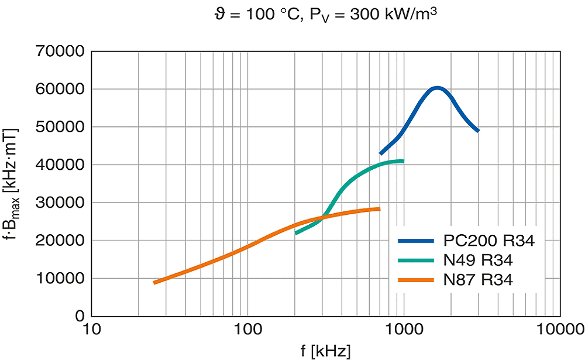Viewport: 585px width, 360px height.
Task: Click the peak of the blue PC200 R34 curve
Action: pos(436,88)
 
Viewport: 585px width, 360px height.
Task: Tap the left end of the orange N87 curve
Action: pos(154,283)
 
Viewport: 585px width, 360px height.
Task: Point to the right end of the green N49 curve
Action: pos(402,161)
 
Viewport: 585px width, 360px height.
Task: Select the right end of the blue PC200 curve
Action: pos(478,131)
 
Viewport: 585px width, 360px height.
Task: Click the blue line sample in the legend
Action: pos(416,241)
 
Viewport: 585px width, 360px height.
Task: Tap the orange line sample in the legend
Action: pos(416,280)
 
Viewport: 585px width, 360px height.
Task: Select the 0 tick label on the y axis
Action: pos(80,316)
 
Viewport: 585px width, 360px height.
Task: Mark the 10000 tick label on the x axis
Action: pos(558,331)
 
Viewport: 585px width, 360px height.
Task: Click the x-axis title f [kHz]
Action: pos(326,351)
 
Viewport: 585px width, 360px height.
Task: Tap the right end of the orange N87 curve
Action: pos(379,209)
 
